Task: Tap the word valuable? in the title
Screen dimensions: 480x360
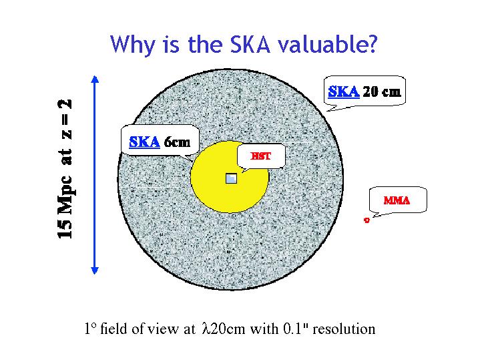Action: (328, 44)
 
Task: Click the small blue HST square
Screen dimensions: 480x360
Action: (231, 178)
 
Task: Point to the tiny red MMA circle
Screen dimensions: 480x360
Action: (367, 220)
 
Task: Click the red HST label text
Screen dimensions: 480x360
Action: (261, 156)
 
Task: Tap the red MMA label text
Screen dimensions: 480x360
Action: (397, 200)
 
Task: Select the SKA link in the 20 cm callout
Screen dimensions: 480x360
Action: (344, 92)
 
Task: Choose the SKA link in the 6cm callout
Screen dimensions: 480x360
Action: (144, 142)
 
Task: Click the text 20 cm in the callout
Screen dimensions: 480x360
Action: (381, 92)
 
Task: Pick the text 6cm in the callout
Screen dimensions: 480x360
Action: (177, 142)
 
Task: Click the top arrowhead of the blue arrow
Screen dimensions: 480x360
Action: (95, 79)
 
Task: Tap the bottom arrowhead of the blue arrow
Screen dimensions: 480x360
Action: (95, 271)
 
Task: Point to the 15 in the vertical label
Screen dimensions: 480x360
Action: (65, 228)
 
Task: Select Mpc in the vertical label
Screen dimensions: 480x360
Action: (65, 195)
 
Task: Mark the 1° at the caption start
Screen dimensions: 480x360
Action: (91, 329)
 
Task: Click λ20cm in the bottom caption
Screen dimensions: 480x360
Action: (224, 329)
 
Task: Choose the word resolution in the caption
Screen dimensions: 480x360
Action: (344, 329)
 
